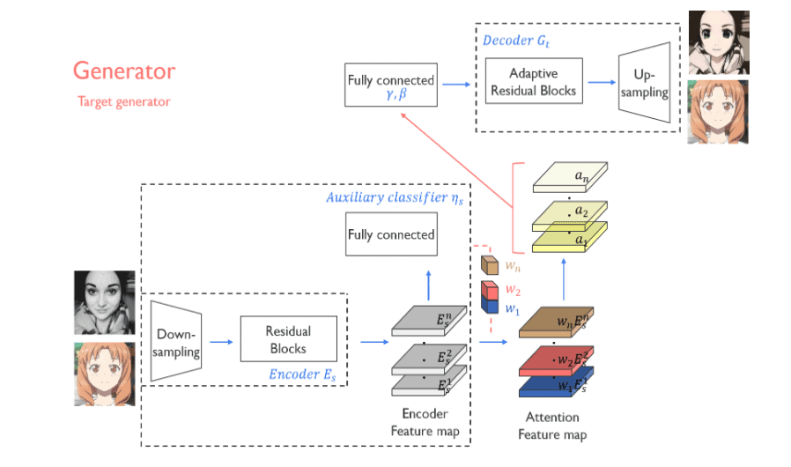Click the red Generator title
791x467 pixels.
tap(124, 71)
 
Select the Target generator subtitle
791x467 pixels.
tap(124, 101)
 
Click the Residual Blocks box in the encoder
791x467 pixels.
tap(288, 339)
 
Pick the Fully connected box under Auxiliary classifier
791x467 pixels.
tap(391, 235)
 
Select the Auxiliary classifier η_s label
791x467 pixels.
tap(394, 197)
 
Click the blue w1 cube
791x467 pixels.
tap(489, 306)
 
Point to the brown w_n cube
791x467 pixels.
tap(489, 263)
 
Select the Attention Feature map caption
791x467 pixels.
tap(551, 426)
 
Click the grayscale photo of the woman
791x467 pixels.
tap(104, 302)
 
